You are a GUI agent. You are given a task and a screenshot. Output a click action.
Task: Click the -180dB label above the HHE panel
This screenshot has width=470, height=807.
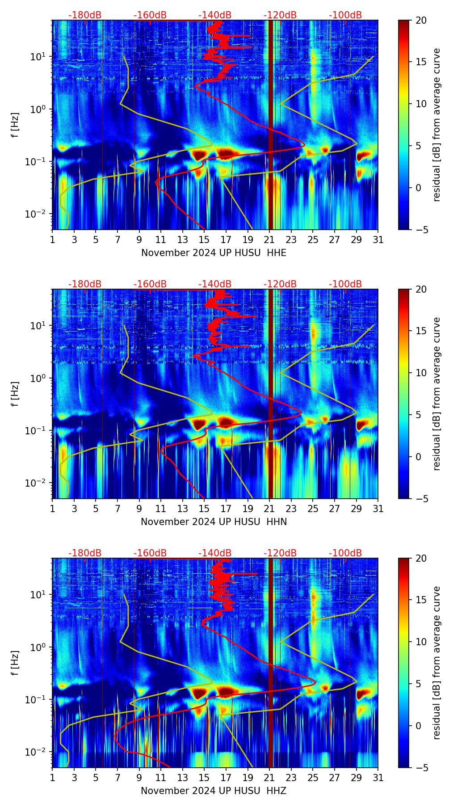(x=85, y=15)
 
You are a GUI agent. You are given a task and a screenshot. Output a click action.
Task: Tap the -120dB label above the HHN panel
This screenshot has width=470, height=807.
(x=280, y=284)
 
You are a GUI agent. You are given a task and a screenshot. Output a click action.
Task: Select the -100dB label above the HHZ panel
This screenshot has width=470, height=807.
(x=345, y=553)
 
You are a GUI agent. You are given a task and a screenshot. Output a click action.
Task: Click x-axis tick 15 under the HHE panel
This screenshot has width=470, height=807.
(x=204, y=240)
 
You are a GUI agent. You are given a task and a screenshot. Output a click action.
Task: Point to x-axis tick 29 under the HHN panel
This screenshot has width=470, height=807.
(x=356, y=509)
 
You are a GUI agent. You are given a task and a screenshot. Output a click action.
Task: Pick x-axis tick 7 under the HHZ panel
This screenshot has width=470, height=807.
(x=117, y=778)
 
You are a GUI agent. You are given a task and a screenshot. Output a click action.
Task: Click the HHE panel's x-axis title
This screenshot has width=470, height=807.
(x=214, y=253)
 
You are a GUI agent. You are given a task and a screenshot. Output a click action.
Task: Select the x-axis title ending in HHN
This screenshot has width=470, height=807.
(x=214, y=522)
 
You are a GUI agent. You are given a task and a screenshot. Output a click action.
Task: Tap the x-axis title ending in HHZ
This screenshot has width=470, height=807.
(x=214, y=791)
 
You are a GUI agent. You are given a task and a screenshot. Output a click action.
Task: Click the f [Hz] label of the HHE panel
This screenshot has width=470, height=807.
(x=15, y=125)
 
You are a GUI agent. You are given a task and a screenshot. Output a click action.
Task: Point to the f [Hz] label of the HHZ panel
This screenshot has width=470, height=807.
(x=15, y=663)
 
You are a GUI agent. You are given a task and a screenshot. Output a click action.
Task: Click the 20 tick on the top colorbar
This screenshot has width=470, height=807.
(x=421, y=21)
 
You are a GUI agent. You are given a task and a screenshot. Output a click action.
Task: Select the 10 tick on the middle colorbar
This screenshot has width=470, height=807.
(x=421, y=373)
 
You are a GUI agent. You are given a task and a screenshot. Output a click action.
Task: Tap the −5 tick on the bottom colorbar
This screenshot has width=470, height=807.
(x=421, y=768)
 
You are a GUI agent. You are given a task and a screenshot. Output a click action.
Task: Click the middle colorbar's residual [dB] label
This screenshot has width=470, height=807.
(x=437, y=394)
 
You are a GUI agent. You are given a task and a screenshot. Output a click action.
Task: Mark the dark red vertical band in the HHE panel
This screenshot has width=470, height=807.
(x=271, y=125)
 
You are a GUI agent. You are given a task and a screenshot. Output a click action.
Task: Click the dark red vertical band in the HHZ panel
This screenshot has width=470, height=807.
(x=271, y=663)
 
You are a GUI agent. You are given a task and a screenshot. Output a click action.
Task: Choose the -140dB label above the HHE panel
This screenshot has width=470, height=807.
(x=215, y=15)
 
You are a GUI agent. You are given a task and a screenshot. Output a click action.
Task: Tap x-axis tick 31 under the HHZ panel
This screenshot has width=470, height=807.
(x=378, y=778)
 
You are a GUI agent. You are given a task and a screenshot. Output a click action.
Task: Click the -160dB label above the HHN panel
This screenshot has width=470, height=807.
(x=150, y=284)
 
